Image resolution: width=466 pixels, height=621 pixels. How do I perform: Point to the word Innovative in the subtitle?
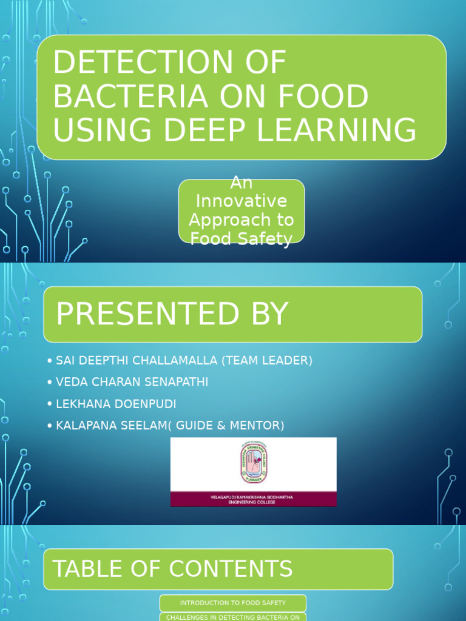click(241, 200)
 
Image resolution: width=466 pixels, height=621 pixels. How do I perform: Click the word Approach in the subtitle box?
click(241, 220)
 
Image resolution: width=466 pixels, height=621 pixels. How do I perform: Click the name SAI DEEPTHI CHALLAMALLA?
click(137, 361)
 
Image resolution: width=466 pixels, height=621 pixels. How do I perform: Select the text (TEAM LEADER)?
click(267, 361)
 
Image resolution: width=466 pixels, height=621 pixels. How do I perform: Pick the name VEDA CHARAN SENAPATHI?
click(132, 382)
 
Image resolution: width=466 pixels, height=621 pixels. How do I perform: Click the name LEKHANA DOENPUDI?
click(115, 404)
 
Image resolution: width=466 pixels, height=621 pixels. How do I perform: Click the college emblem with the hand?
click(253, 463)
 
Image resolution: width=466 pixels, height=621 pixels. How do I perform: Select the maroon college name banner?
click(253, 498)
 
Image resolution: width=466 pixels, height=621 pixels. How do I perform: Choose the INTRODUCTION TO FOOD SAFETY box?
click(233, 603)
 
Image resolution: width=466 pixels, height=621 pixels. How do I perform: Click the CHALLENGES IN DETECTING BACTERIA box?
click(233, 617)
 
